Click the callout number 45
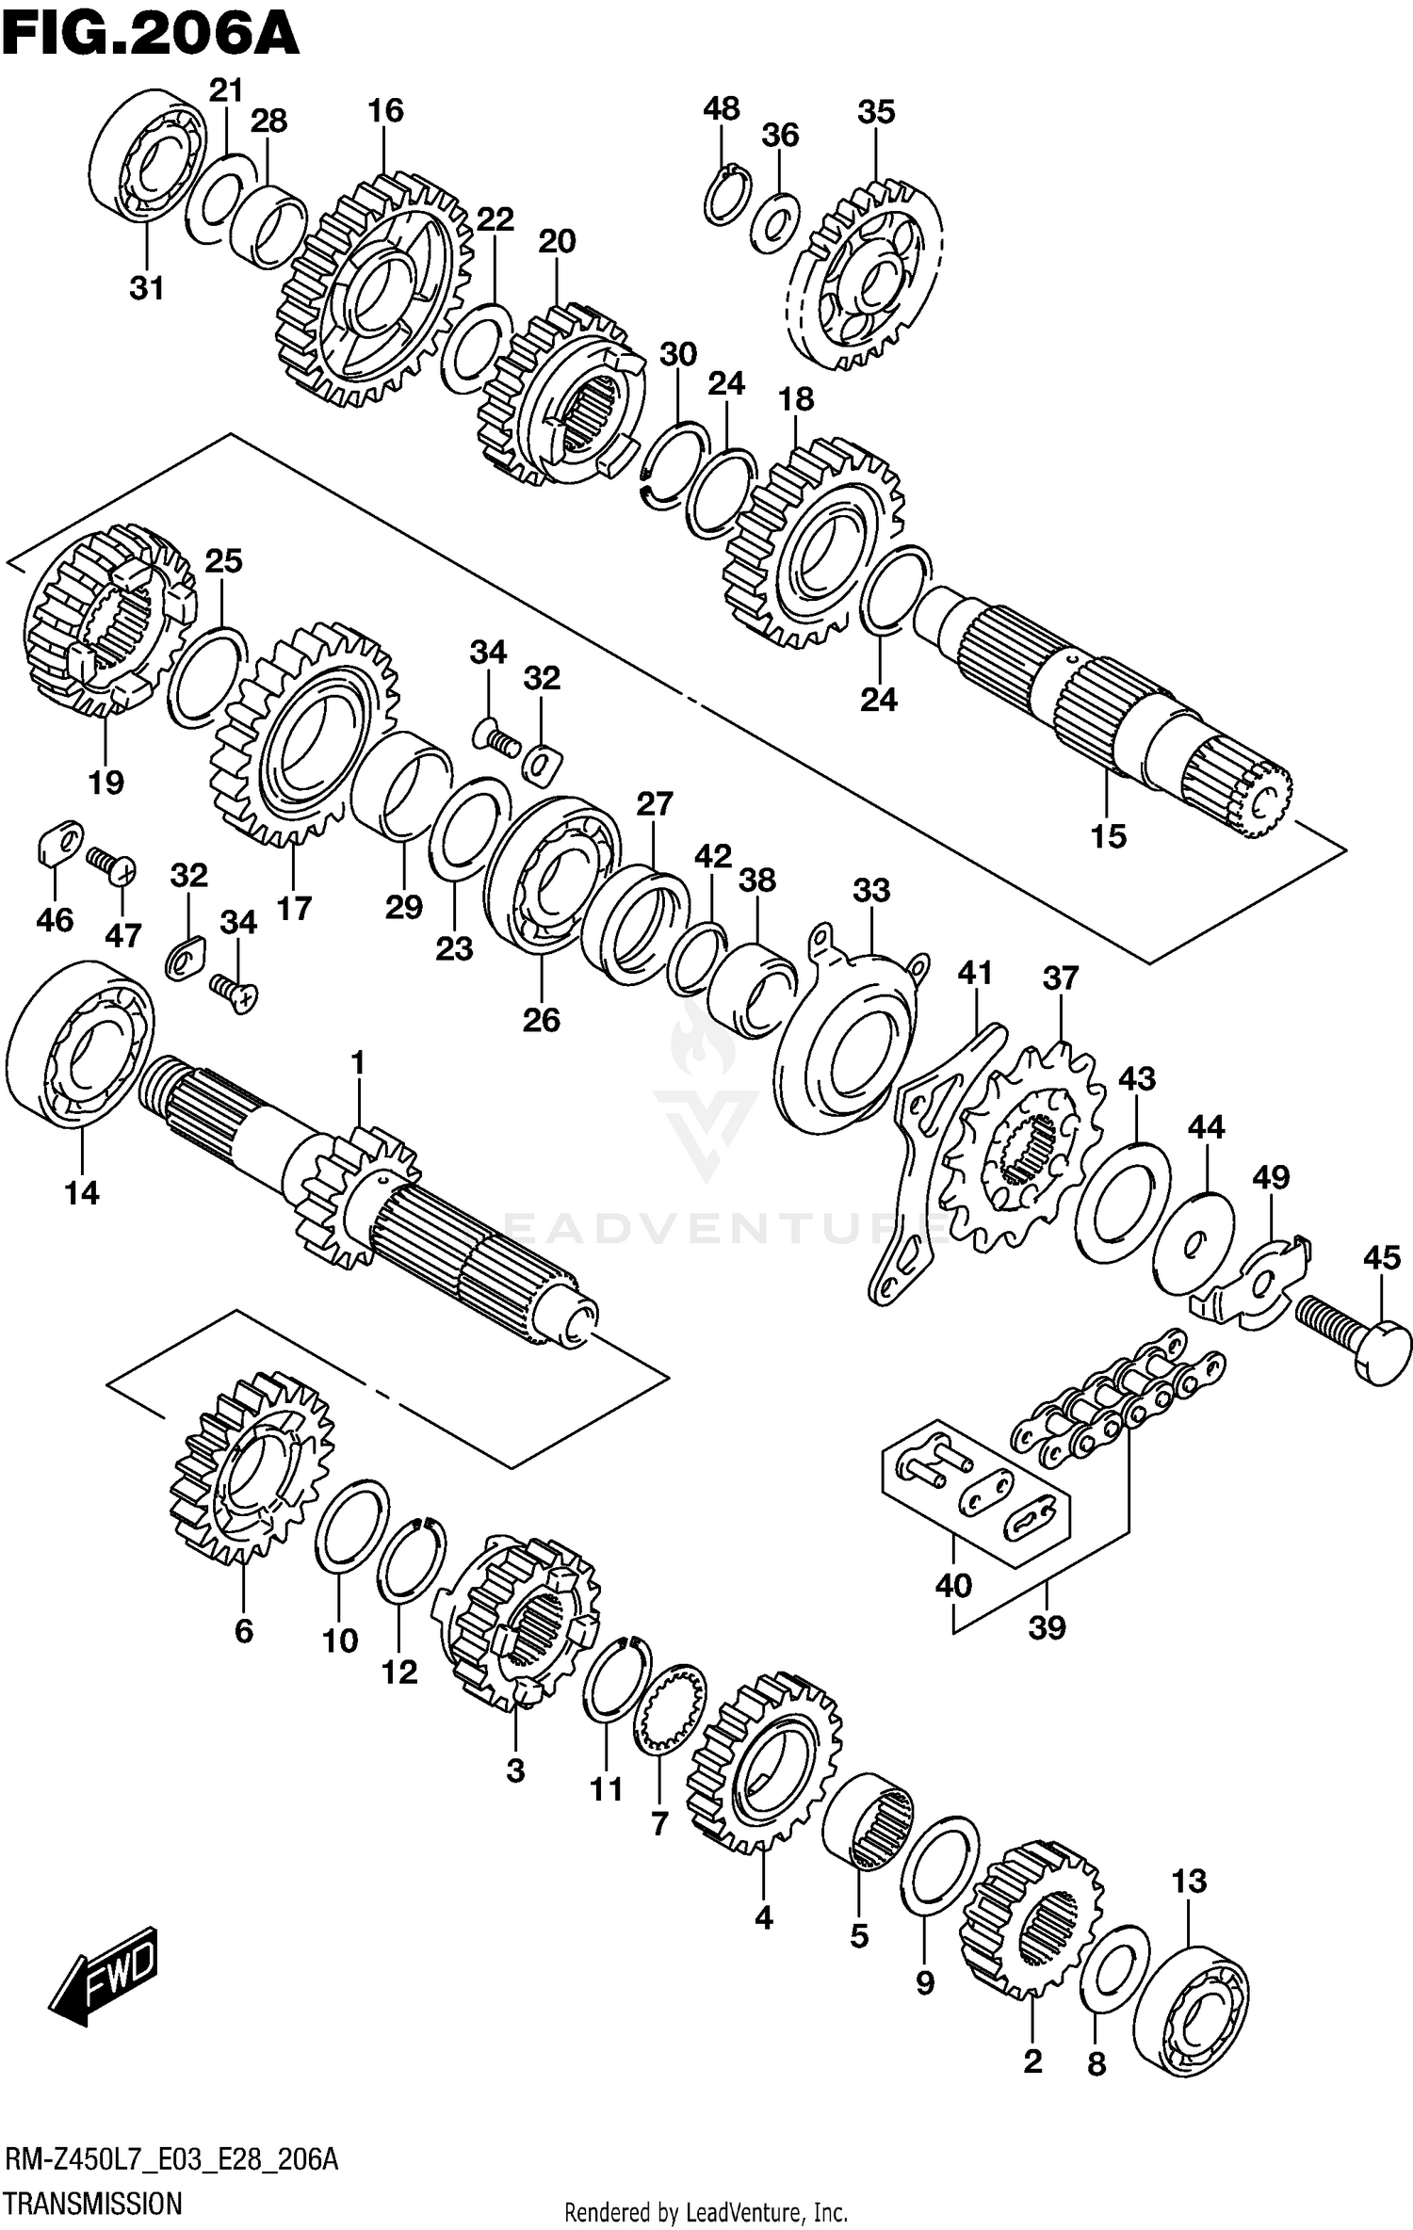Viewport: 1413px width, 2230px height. tap(1381, 1257)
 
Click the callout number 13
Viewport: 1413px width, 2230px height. tap(1189, 1881)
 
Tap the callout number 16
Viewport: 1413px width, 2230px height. tap(385, 110)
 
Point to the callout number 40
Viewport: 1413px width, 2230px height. tap(952, 1585)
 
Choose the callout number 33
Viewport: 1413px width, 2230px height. tap(871, 889)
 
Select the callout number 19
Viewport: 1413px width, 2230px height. tap(106, 781)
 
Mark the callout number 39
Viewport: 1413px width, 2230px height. tap(1047, 1625)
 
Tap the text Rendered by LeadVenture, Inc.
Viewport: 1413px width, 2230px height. tap(706, 2205)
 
